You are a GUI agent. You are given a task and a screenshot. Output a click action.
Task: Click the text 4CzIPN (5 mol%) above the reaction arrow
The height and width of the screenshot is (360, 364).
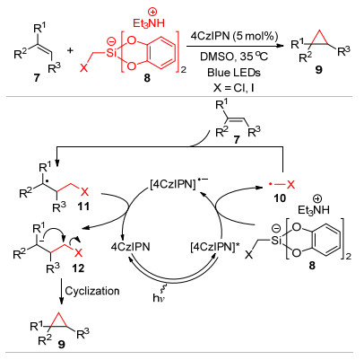(235, 37)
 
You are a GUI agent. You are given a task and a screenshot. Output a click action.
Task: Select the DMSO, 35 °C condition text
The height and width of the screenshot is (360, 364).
(234, 57)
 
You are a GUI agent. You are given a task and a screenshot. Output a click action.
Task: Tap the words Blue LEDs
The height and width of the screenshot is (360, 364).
(234, 73)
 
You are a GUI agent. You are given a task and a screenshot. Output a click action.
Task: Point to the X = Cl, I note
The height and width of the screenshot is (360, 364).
(234, 89)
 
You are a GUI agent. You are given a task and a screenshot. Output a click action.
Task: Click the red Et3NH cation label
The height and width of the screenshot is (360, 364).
(149, 23)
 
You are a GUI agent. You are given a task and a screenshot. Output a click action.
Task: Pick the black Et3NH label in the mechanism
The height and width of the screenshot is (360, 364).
(314, 210)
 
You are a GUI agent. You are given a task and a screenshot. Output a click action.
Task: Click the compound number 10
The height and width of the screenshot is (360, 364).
(280, 198)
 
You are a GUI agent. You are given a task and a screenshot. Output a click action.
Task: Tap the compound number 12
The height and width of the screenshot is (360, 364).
(78, 268)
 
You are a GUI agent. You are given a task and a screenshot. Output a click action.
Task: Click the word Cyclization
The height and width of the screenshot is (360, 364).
(92, 291)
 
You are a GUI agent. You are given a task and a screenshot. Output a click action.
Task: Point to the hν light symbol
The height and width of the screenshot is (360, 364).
(157, 298)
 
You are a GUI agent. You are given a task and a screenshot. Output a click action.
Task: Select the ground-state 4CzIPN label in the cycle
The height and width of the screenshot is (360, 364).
(130, 248)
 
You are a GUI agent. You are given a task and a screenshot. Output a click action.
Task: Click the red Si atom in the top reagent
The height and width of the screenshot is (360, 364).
(111, 54)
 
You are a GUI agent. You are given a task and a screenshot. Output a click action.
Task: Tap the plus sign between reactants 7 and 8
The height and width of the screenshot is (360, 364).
(70, 50)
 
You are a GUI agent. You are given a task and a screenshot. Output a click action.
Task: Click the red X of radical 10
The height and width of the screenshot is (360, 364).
(290, 185)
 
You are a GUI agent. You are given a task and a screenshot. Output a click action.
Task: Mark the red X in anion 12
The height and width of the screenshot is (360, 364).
(78, 253)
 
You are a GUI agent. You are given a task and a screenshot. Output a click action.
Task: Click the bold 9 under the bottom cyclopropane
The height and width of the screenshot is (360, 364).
(61, 345)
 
